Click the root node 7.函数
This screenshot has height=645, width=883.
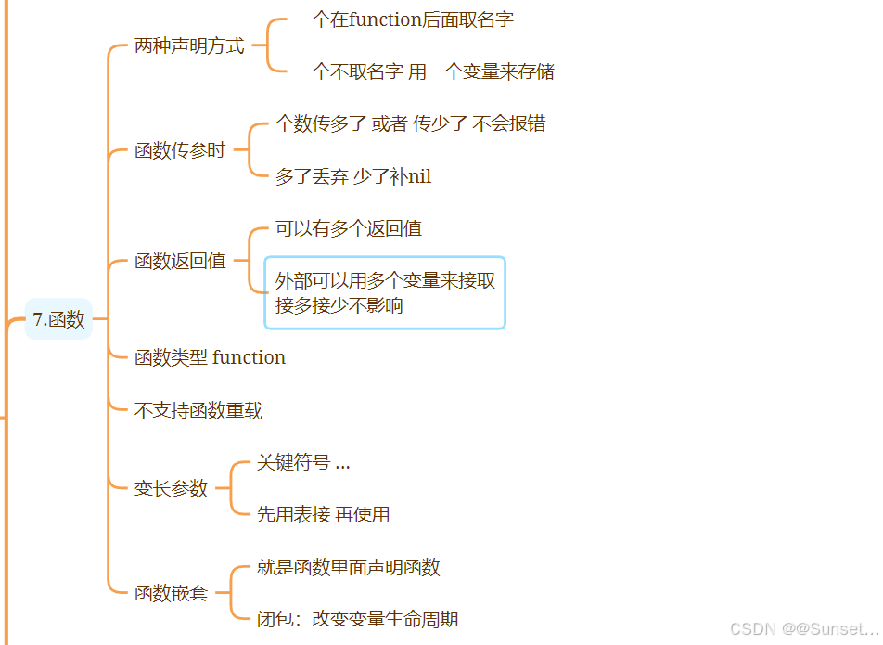pyautogui.click(x=58, y=319)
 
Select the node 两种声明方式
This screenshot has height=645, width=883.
pyautogui.click(x=189, y=45)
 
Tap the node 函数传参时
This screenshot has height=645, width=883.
pyautogui.click(x=180, y=150)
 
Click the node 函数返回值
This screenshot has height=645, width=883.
pyautogui.click(x=180, y=262)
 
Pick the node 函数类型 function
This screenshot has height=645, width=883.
pyautogui.click(x=210, y=357)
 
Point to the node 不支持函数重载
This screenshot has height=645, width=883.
pyautogui.click(x=198, y=409)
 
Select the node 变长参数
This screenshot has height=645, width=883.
pyautogui.click(x=171, y=488)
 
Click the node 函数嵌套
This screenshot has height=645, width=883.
pyautogui.click(x=171, y=593)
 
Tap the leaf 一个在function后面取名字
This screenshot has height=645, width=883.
pyautogui.click(x=403, y=19)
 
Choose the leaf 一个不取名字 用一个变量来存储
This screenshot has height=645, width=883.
pyautogui.click(x=424, y=71)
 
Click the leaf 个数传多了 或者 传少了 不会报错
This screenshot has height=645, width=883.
pyautogui.click(x=410, y=123)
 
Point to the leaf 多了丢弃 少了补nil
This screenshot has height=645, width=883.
pyautogui.click(x=353, y=176)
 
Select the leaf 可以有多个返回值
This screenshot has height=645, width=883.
pyautogui.click(x=349, y=228)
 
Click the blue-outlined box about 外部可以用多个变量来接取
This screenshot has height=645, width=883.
pyautogui.click(x=385, y=292)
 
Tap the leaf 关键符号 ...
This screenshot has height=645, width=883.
pyautogui.click(x=303, y=462)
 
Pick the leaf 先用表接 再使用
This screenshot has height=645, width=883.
pyautogui.click(x=323, y=514)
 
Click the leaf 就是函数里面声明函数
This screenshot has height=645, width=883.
pyautogui.click(x=348, y=567)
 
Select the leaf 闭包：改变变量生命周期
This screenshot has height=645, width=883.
pyautogui.click(x=357, y=619)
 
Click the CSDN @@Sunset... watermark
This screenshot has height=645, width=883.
pyautogui.click(x=803, y=629)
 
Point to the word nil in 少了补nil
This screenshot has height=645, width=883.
pyautogui.click(x=419, y=176)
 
